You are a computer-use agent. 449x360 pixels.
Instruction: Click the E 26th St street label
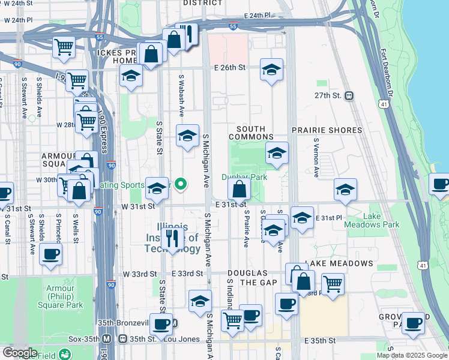230,68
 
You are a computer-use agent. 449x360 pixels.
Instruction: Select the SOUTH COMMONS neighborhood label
255,133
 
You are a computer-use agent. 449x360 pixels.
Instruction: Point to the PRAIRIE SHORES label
327,130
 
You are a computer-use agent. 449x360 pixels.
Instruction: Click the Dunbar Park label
244,177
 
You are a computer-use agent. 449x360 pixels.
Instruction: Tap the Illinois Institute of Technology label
170,238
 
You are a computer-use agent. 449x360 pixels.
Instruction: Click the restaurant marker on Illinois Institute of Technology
172,238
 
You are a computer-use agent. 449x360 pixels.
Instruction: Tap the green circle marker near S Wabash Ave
179,185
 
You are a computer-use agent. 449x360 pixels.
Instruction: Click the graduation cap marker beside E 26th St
271,70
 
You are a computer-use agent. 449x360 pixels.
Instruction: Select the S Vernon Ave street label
316,158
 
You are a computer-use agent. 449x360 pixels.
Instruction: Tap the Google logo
19,353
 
